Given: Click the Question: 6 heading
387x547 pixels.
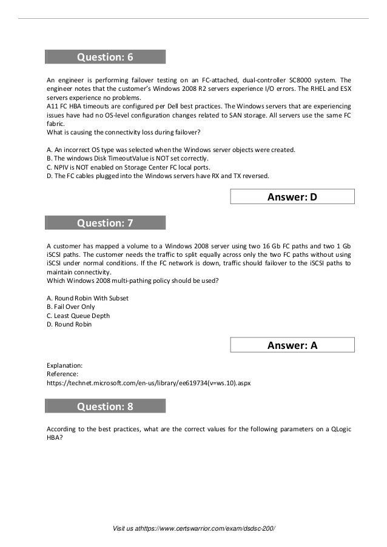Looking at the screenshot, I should [x=105, y=58].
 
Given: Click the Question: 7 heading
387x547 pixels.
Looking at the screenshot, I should [x=105, y=224].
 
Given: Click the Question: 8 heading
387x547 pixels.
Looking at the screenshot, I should [x=105, y=407].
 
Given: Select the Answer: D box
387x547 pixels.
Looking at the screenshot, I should [x=293, y=197].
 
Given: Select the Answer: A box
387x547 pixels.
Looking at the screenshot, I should [x=293, y=345].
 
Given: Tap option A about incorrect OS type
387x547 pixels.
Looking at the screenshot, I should [x=171, y=150].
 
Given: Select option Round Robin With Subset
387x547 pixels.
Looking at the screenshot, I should [x=87, y=298].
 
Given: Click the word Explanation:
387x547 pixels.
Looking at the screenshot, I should [x=64, y=366].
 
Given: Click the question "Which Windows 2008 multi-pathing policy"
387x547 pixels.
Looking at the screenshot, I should [x=132, y=280].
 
